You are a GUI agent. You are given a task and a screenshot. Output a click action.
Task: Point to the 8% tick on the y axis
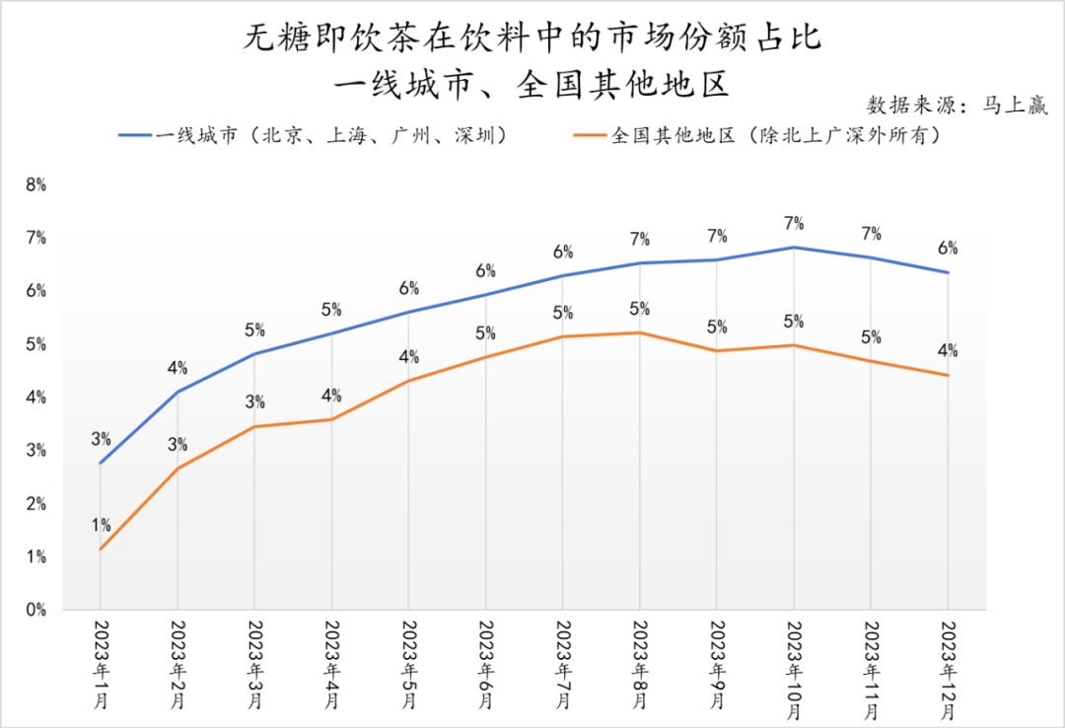(36, 183)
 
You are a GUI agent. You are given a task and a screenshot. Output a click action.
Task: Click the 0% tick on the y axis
(36, 610)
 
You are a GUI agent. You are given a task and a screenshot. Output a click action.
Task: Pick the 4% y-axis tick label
(36, 397)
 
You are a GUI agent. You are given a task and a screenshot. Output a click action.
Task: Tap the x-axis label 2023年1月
(101, 664)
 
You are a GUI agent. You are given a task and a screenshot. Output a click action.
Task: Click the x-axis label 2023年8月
(640, 664)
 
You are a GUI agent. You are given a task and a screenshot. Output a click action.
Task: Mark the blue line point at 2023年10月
(794, 247)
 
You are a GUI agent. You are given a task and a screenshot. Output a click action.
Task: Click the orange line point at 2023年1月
(101, 549)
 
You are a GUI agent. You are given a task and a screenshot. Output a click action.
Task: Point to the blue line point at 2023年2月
(177, 392)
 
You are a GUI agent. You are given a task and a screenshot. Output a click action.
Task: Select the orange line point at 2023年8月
(640, 332)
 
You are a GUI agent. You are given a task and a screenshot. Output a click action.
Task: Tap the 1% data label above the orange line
(101, 525)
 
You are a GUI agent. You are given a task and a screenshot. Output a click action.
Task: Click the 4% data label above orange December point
(948, 350)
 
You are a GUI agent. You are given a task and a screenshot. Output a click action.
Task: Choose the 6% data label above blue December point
(948, 248)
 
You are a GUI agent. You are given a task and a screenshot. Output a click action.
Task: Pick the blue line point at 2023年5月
(408, 312)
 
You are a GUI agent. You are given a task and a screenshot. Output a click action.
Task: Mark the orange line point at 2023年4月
(331, 419)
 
